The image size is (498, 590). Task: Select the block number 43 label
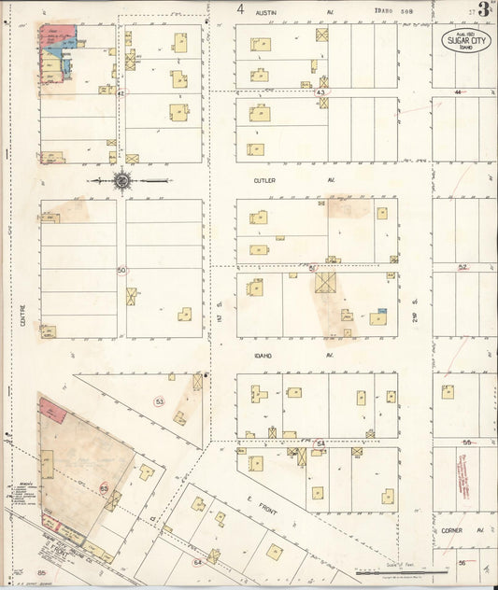tap(320, 92)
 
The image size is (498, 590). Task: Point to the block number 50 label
tap(121, 270)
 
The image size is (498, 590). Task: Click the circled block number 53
tap(160, 401)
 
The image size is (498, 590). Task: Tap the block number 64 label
tap(197, 562)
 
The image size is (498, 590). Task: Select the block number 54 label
tap(320, 442)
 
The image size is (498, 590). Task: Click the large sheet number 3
tap(483, 10)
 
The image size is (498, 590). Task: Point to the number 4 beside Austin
tap(241, 10)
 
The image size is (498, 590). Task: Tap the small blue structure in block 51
tap(381, 312)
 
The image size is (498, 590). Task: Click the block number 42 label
tap(121, 92)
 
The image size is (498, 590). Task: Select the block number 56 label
tap(462, 563)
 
